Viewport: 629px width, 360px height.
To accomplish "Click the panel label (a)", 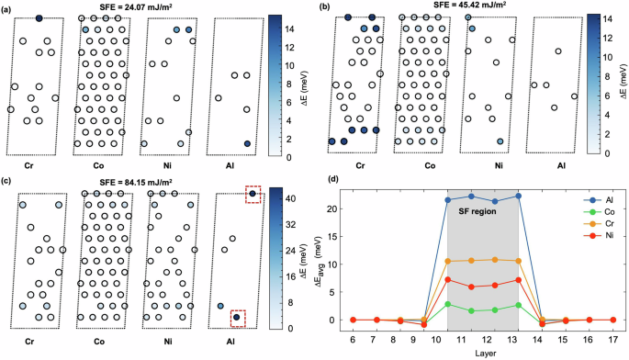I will pos(7,6).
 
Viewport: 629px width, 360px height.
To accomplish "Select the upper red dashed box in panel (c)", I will pos(252,194).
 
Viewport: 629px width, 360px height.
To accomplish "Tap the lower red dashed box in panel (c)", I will pos(237,318).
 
